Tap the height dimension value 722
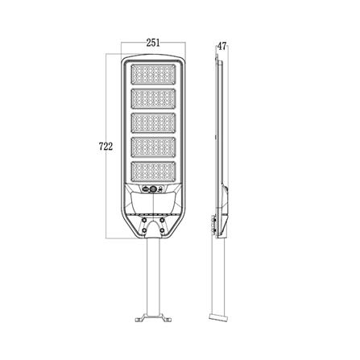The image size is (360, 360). (105, 147)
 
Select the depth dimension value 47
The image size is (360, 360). (221, 46)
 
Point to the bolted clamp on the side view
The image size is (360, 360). (213, 221)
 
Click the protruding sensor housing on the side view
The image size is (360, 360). (227, 193)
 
